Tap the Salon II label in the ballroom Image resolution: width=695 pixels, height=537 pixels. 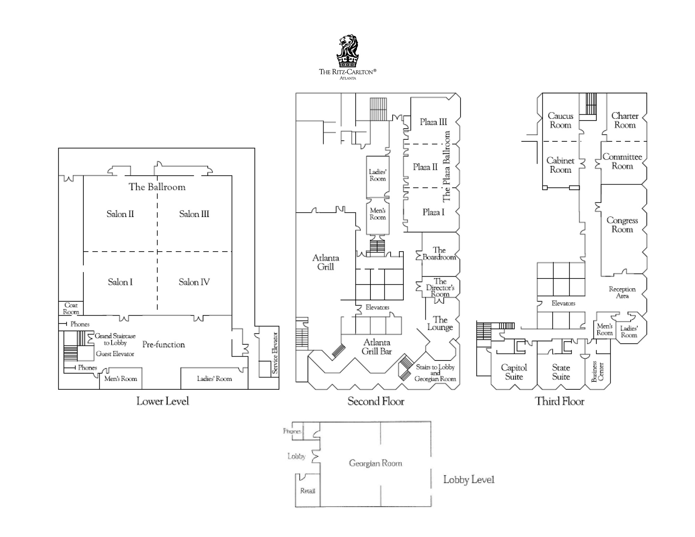click(x=120, y=214)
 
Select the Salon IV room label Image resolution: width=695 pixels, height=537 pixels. click(x=194, y=282)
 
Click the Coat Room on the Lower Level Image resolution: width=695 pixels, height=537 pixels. click(x=71, y=309)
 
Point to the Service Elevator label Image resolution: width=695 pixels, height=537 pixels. click(x=275, y=353)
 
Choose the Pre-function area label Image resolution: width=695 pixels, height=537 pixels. click(x=164, y=344)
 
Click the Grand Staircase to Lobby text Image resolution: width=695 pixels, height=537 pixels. click(x=115, y=339)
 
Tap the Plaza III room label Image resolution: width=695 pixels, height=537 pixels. click(x=433, y=122)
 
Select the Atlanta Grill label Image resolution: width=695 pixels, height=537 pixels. click(x=326, y=262)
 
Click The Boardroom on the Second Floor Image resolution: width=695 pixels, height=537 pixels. click(x=439, y=253)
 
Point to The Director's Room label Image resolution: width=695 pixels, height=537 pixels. click(x=440, y=287)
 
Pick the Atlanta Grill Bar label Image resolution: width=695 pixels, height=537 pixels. click(x=377, y=347)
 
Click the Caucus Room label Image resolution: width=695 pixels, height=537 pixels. click(x=560, y=120)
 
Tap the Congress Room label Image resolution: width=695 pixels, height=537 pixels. click(x=622, y=225)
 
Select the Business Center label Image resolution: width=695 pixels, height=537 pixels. click(x=598, y=371)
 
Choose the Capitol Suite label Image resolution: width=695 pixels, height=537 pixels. click(x=514, y=372)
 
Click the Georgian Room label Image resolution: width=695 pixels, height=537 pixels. click(x=375, y=463)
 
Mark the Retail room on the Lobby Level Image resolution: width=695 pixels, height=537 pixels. click(x=308, y=491)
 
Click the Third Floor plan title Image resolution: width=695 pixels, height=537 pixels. click(x=559, y=401)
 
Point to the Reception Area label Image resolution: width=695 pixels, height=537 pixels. click(x=622, y=292)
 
